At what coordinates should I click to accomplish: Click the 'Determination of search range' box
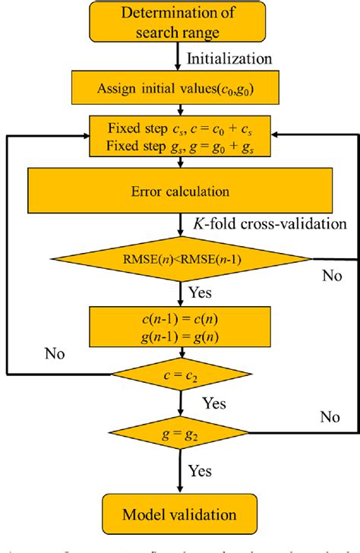(x=179, y=23)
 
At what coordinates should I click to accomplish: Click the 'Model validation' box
(x=180, y=514)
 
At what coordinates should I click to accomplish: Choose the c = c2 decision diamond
(x=180, y=374)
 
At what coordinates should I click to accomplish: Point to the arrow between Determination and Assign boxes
(x=180, y=58)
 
